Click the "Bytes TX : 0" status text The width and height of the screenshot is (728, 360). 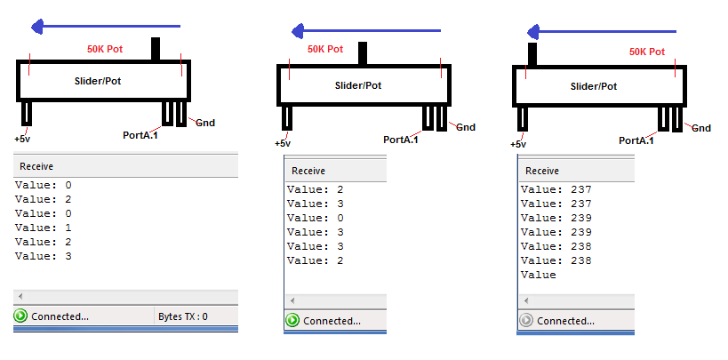(182, 316)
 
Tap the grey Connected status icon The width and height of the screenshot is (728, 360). (526, 321)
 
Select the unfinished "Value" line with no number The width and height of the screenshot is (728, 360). (538, 275)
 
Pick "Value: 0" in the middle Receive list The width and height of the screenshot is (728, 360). (316, 218)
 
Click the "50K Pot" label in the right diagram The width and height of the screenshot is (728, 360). (646, 52)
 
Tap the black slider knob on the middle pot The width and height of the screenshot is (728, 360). (363, 53)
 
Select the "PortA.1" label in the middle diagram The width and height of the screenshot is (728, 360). (401, 140)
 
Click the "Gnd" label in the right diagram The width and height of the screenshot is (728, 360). (700, 128)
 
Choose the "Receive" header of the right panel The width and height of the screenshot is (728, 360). (542, 171)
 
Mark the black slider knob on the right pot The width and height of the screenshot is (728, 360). (533, 54)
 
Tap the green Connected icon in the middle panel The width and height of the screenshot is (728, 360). (292, 321)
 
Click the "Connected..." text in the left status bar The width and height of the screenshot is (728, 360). (60, 316)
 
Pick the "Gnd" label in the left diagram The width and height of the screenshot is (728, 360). (205, 123)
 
